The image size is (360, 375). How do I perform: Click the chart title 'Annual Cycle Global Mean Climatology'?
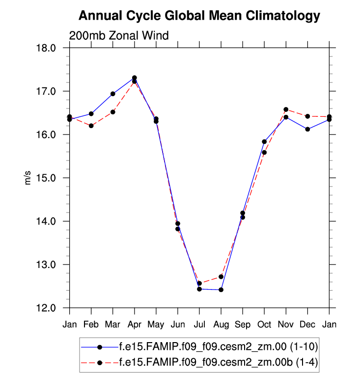[x=199, y=16]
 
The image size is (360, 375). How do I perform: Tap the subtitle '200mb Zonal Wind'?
[x=119, y=36]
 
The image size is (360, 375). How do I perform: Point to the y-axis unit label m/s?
[x=28, y=178]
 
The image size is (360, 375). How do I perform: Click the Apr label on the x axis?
[x=135, y=324]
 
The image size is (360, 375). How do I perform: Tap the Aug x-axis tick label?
[x=221, y=324]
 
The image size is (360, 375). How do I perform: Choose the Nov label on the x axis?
[x=286, y=324]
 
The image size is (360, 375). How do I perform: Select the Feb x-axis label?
[x=91, y=324]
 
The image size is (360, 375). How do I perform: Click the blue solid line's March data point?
[x=113, y=94]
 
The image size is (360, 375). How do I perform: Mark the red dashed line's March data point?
[x=113, y=112]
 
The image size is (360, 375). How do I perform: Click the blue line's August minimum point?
[x=221, y=290]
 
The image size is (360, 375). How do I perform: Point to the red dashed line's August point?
[x=221, y=277]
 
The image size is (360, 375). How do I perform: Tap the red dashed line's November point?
[x=286, y=109]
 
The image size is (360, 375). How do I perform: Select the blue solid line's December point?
[x=307, y=129]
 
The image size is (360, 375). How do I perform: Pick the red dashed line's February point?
[x=91, y=126]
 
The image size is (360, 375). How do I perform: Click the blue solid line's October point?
[x=264, y=141]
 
